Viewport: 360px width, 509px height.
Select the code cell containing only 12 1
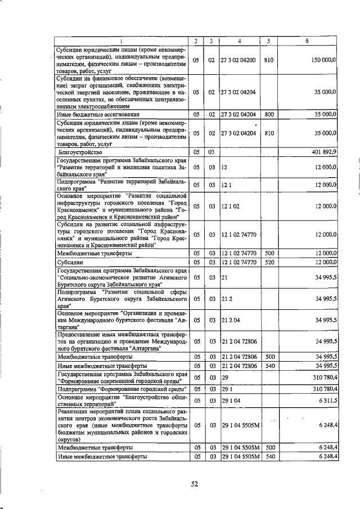[x=226, y=184]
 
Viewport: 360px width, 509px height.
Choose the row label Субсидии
[x=71, y=262]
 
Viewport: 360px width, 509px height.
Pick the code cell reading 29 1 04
[x=230, y=401]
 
